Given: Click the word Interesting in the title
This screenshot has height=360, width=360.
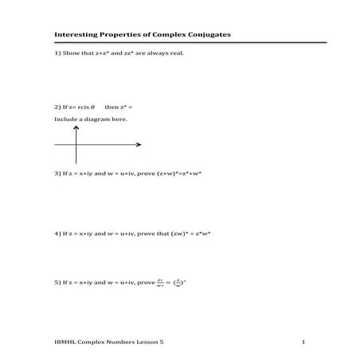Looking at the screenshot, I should (76, 35).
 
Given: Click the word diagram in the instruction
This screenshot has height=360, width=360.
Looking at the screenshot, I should (97, 119).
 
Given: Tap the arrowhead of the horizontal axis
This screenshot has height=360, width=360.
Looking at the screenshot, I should (139, 144).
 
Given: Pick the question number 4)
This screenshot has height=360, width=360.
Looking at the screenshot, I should (58, 233).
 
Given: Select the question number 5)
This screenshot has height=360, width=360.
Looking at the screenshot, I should (58, 282).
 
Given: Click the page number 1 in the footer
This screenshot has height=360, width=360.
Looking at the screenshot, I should (303, 342).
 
